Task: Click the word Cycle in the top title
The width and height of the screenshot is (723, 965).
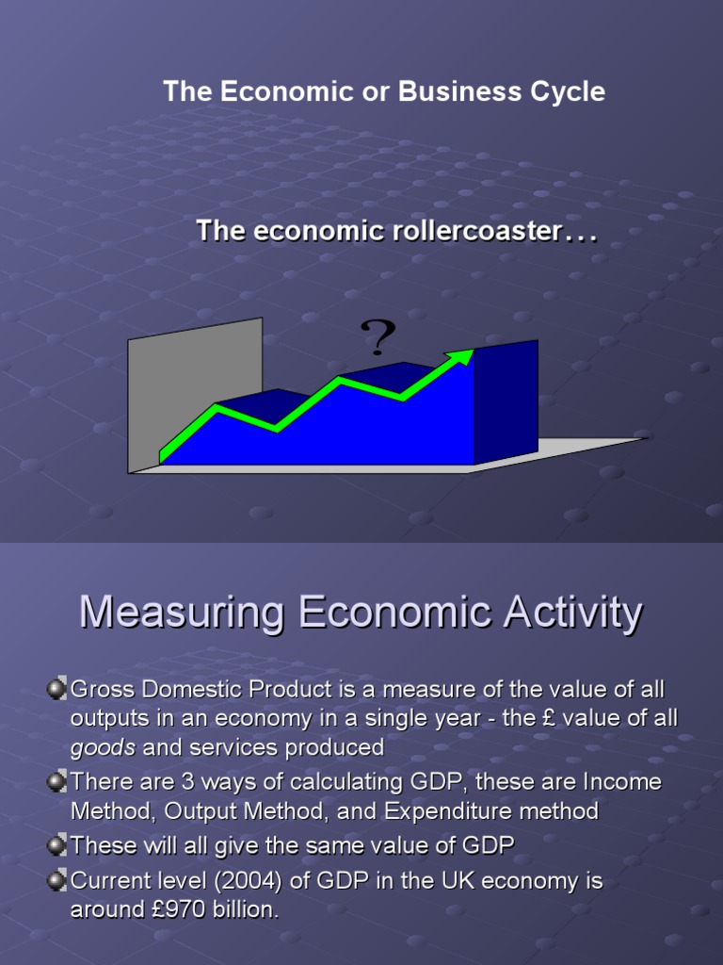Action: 569,91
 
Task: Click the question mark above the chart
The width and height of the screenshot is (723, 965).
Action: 378,337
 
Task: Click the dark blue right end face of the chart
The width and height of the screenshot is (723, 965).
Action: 506,401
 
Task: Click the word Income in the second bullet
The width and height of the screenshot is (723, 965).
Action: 621,782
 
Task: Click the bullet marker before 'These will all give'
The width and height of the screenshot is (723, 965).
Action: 56,845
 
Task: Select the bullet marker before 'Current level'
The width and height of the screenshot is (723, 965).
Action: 56,880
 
